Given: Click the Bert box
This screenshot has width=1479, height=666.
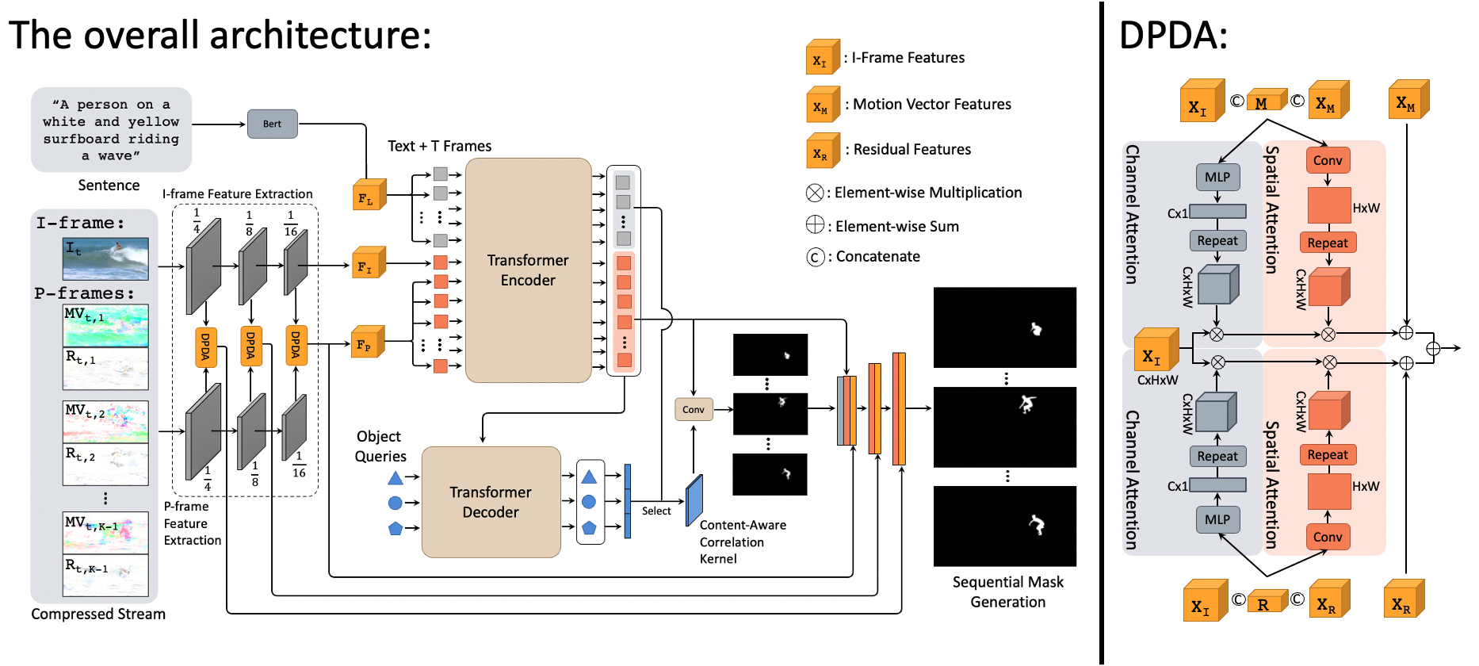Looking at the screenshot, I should [x=272, y=124].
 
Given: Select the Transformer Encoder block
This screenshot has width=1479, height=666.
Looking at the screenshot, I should [x=528, y=270].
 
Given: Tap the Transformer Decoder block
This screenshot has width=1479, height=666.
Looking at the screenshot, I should [x=491, y=502].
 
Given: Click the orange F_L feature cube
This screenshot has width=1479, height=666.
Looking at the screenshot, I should [x=369, y=196].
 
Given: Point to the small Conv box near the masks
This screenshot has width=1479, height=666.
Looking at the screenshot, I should [x=693, y=409].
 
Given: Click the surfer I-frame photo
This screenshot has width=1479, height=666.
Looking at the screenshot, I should [x=105, y=258].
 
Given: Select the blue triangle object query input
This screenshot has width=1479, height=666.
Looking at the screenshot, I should [x=396, y=478].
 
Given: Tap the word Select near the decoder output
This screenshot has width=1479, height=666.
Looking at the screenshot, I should [x=656, y=511].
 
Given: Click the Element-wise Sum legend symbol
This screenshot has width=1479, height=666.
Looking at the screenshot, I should [x=815, y=225].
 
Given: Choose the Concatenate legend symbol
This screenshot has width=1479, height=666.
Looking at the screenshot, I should [x=815, y=257].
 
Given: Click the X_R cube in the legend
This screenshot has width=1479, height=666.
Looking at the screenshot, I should [x=822, y=151].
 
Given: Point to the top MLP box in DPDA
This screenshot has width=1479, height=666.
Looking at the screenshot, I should [x=1217, y=177].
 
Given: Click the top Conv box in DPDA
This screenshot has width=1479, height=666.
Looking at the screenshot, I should [x=1328, y=160].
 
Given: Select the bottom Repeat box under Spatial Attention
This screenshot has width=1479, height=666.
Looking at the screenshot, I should [x=1328, y=454].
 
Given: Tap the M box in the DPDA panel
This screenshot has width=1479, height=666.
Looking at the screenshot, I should [x=1264, y=102].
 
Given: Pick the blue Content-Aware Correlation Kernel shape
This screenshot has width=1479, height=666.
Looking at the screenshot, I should [x=694, y=499].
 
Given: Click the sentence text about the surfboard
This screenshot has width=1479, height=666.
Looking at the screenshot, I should [x=111, y=129].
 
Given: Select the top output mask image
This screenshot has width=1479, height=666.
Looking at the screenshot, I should [x=1005, y=327].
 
